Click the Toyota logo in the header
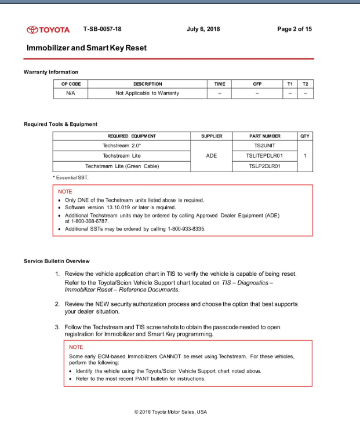tap(48, 30)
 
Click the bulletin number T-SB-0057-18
tap(103, 29)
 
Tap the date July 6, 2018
tap(203, 29)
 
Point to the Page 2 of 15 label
tap(294, 29)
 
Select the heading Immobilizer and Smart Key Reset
tap(87, 48)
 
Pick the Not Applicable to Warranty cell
tap(147, 93)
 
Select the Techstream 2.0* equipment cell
tap(122, 145)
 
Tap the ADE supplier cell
tap(212, 156)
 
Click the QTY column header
tap(306, 136)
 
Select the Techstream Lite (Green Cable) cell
tap(122, 166)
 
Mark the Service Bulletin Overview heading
tap(57, 261)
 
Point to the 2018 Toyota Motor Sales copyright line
tap(170, 412)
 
